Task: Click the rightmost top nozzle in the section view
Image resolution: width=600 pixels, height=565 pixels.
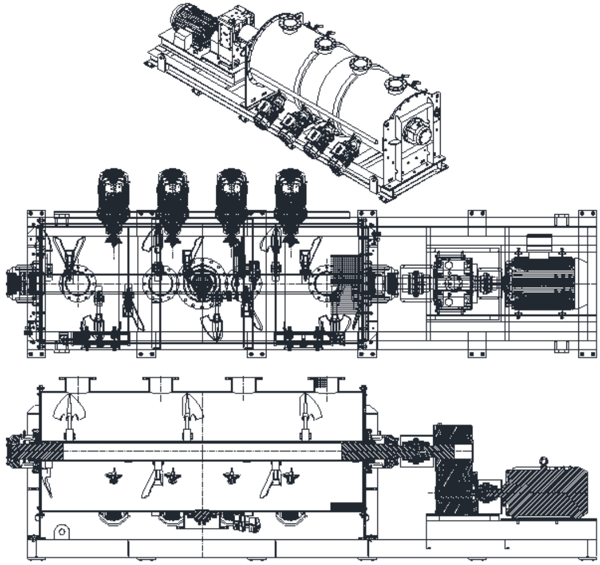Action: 326,384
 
